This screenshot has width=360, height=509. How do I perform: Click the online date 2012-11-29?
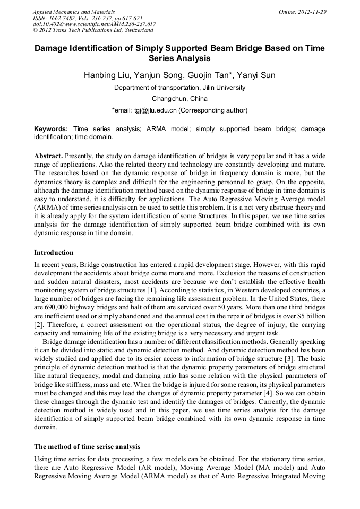coord(307,12)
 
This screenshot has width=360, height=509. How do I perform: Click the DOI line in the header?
coord(95,24)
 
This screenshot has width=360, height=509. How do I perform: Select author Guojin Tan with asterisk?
coord(207,75)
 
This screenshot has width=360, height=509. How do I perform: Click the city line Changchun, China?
coord(179,99)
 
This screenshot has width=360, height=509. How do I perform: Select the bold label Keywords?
coord(51,129)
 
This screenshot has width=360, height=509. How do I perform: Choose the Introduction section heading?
coord(54,253)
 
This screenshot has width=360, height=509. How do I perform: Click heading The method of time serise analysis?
coord(87,446)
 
